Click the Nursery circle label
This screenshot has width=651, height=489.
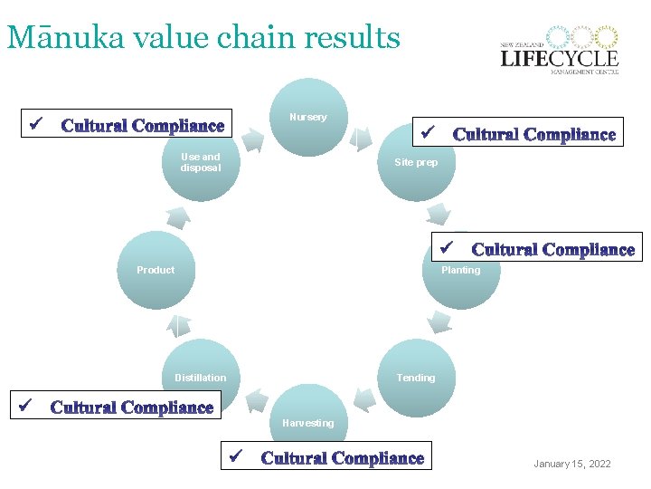(x=307, y=117)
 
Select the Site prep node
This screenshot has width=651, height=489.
(x=415, y=162)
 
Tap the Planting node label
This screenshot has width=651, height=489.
(x=460, y=270)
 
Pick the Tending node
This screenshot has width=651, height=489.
(x=415, y=378)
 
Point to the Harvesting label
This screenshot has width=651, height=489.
(x=307, y=423)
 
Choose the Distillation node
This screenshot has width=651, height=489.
(x=200, y=378)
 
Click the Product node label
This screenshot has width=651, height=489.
(x=156, y=270)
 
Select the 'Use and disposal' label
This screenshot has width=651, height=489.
(x=200, y=162)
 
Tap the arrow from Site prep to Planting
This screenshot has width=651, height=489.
(x=439, y=215)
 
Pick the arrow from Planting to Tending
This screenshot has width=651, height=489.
(x=439, y=322)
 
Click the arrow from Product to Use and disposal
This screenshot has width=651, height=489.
(x=178, y=216)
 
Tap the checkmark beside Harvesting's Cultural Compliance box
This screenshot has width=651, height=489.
(x=238, y=455)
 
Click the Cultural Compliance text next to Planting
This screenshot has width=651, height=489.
(x=552, y=250)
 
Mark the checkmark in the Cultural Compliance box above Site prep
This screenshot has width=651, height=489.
(x=428, y=133)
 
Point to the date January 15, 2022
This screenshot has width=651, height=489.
(x=571, y=464)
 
